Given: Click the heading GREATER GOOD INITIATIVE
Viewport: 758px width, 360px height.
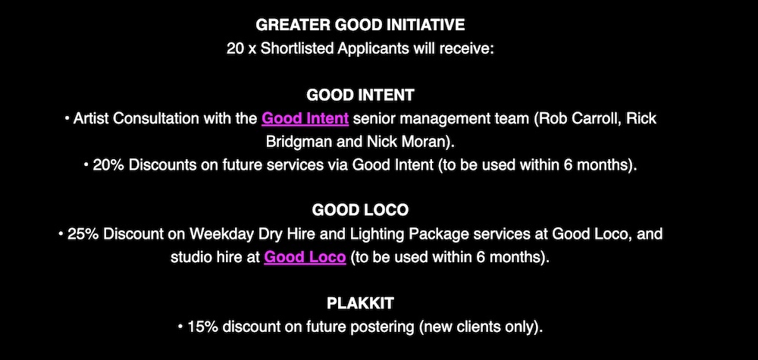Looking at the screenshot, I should [x=360, y=25].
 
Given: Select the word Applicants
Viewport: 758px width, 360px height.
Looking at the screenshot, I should [x=371, y=49].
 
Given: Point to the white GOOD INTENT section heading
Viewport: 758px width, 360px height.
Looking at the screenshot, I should [x=360, y=95].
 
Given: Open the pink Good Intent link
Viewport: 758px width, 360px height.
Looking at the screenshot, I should [x=305, y=119].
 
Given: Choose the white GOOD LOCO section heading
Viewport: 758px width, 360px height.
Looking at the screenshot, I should [x=360, y=210].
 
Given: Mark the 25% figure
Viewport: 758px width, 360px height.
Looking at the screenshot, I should [x=83, y=234].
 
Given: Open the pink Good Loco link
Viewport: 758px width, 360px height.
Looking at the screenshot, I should [x=305, y=257].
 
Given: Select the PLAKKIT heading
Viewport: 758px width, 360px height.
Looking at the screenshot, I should [x=360, y=304].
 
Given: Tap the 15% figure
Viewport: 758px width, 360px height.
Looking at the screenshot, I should [x=203, y=327].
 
